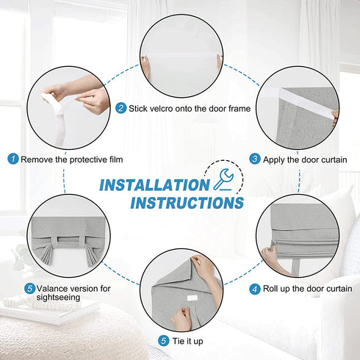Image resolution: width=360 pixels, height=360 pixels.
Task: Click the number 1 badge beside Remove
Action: pos(13,159)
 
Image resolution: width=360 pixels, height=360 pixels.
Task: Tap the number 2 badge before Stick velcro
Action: pos(121,108)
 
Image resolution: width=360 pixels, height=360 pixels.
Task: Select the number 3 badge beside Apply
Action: pos(255,159)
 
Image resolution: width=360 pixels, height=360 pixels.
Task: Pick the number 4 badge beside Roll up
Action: pos(255,289)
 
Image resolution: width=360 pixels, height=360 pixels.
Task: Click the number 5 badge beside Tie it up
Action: pos(164,341)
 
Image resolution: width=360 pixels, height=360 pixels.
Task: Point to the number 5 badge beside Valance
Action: pos(30,289)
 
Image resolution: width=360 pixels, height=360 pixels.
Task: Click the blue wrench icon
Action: pos(223,179)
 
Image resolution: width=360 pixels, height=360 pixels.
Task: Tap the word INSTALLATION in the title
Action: pos(154,185)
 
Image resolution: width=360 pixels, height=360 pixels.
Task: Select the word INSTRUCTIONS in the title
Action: pos(187,203)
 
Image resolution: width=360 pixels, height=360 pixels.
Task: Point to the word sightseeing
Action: pos(58,298)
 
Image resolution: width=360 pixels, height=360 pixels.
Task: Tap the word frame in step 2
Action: pos(240,109)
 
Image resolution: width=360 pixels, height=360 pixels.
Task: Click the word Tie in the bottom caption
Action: pos(178,341)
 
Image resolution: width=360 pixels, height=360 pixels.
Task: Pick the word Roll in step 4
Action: pos(269,289)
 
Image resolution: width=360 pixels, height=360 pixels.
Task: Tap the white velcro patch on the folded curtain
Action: pos(192,298)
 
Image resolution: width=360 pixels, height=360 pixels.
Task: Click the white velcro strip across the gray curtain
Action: pos(306,104)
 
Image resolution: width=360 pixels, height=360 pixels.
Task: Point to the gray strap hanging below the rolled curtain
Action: pos(296,266)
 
